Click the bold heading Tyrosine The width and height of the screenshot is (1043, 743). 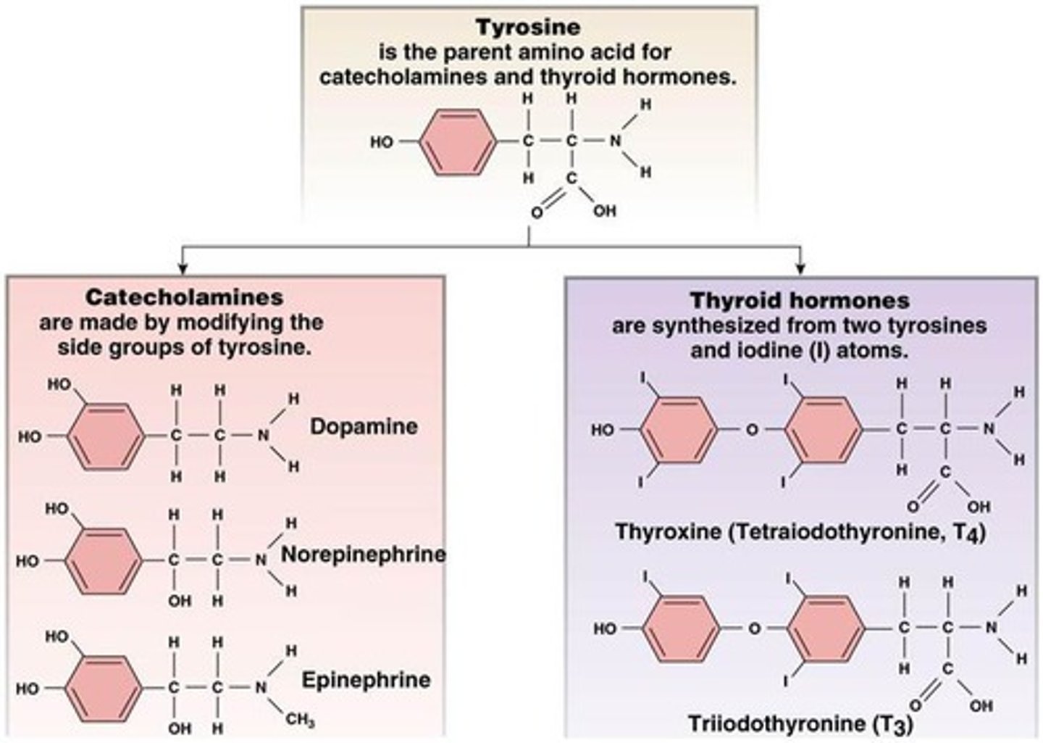pyautogui.click(x=528, y=28)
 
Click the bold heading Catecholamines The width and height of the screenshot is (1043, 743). pyautogui.click(x=184, y=297)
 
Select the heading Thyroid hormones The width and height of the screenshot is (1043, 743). pyautogui.click(x=800, y=300)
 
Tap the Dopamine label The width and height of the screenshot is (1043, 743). pyautogui.click(x=364, y=426)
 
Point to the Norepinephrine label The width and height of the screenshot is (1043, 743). pyautogui.click(x=363, y=555)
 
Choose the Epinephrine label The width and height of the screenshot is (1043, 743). pyautogui.click(x=366, y=680)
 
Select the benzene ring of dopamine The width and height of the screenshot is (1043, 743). pyautogui.click(x=106, y=436)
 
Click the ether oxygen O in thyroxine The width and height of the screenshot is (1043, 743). pyautogui.click(x=752, y=430)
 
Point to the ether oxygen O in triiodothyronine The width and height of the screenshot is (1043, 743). pyautogui.click(x=754, y=628)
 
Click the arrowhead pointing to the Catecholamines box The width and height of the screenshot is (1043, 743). pyautogui.click(x=183, y=268)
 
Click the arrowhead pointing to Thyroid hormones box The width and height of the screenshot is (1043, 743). pyautogui.click(x=800, y=268)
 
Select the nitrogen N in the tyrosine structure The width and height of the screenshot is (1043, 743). pyautogui.click(x=615, y=141)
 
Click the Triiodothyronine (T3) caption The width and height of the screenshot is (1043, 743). pyautogui.click(x=800, y=723)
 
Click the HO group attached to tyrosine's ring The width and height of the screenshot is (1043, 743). pyautogui.click(x=382, y=142)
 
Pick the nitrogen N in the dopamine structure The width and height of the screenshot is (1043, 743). pyautogui.click(x=263, y=436)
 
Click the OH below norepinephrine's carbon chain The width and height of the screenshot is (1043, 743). pyautogui.click(x=180, y=600)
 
